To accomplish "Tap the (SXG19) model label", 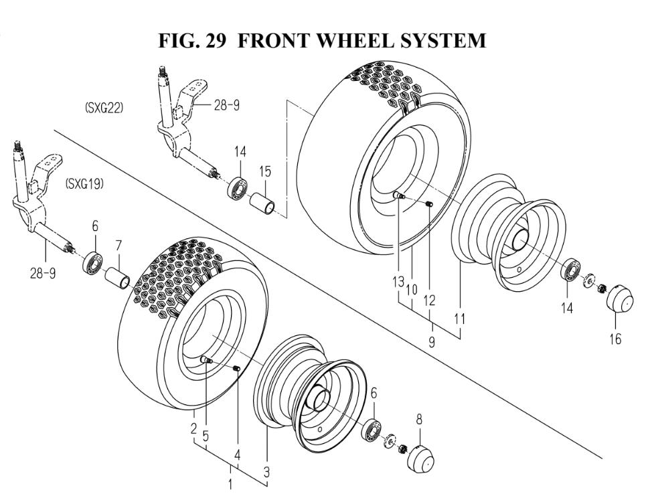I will point(84,184).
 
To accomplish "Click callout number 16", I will point(614,339).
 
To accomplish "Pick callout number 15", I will point(265,172).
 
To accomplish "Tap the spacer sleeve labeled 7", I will point(118,277).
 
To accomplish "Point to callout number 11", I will point(459,320).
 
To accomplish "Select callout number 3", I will point(266,472).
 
